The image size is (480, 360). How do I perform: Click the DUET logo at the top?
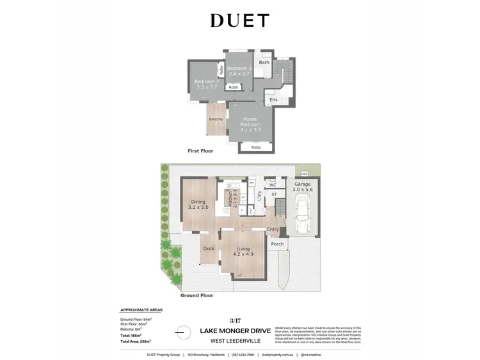pos(239,20)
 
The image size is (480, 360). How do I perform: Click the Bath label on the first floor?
pos(264,62)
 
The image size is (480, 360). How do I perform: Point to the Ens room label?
pos(273,100)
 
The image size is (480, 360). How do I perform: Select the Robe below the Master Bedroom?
pos(256,147)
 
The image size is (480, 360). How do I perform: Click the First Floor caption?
pos(200,151)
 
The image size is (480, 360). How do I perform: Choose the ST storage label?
pos(273,194)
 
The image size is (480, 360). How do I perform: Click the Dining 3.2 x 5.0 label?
pos(202,205)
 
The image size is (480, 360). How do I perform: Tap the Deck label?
pos(209,249)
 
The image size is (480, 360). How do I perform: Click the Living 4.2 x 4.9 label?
pos(243,251)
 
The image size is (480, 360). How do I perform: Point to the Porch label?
pos(278,243)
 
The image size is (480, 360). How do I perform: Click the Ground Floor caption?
pos(197,295)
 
